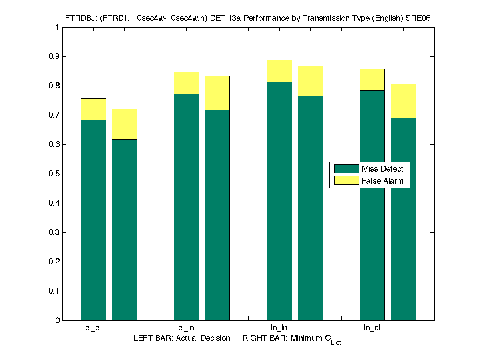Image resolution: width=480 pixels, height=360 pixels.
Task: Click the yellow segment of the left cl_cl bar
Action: tap(93, 109)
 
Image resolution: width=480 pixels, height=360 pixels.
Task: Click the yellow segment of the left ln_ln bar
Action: tap(279, 71)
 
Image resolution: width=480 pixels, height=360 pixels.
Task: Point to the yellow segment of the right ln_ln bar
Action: tap(310, 81)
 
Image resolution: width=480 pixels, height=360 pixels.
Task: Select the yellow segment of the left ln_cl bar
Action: tap(372, 80)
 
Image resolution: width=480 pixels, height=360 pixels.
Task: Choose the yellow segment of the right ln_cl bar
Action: tap(403, 101)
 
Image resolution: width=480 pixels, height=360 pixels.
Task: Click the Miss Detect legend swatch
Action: tap(346, 169)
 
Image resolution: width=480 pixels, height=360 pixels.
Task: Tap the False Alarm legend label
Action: tap(382, 181)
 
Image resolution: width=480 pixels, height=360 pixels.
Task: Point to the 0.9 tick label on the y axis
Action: tap(54, 56)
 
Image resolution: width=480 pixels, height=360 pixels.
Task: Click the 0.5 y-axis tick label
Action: tap(54, 174)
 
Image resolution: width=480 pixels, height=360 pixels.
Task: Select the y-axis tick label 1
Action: tap(58, 27)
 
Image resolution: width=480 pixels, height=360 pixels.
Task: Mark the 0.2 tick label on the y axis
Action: tap(54, 262)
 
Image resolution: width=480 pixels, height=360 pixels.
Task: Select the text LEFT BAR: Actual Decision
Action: tap(182, 338)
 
